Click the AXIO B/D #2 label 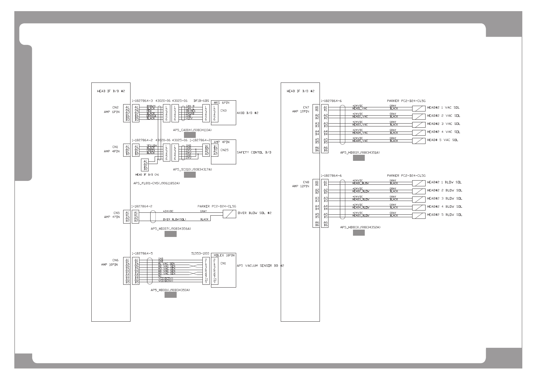(248, 113)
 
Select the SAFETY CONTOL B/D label (254, 153)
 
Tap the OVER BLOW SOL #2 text (254, 213)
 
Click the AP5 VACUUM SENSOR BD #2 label (260, 266)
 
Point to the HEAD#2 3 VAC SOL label (443, 124)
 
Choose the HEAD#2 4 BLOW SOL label (444, 207)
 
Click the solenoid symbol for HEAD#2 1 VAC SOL (419, 108)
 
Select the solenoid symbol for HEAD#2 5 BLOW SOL (419, 216)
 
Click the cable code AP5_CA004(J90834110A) (192, 130)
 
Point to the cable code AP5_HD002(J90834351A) (360, 153)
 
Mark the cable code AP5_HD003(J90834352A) (360, 227)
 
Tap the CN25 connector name (224, 150)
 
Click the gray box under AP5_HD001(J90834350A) (170, 295)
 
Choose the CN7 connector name (306, 107)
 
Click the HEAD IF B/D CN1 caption (147, 175)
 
